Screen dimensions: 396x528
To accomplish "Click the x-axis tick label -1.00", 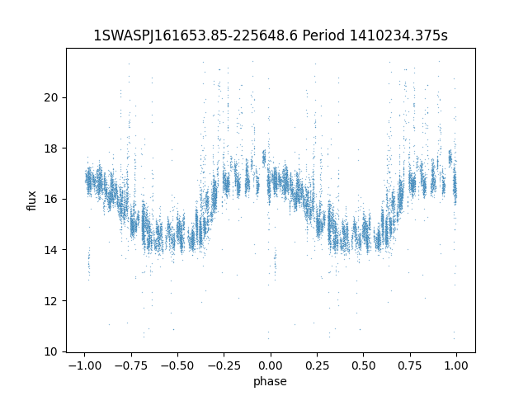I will tap(82, 365).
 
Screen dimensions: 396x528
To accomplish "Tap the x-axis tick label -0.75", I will tap(130, 365).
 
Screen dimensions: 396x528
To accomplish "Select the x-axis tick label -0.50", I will tap(177, 365).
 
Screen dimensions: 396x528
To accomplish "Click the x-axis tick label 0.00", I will tap(270, 365).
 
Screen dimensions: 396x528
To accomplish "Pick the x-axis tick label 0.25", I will tap(317, 365).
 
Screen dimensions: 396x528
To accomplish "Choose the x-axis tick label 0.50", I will tap(364, 365).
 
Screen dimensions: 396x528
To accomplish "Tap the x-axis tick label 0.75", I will tap(411, 365).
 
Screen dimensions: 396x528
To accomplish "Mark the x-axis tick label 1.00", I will tap(457, 365).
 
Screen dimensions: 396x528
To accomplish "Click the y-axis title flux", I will tap(32, 200).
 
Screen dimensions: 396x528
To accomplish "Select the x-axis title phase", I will tap(271, 381).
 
